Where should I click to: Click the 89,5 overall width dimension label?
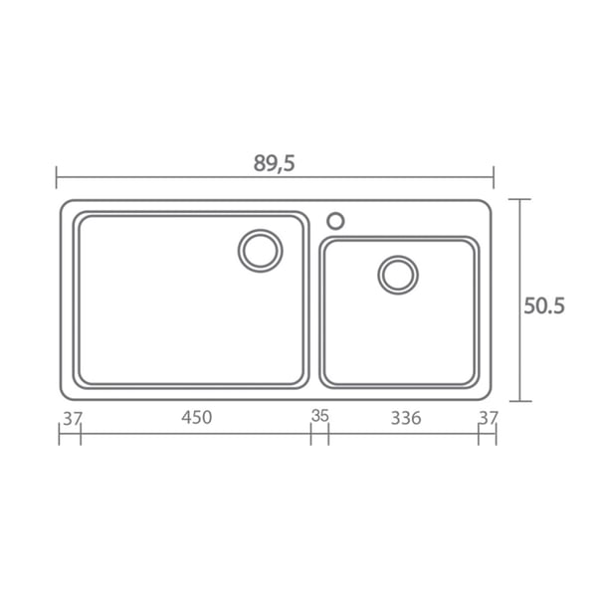coord(275,164)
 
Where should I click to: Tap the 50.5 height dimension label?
coord(544,305)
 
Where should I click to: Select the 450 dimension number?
coord(196,418)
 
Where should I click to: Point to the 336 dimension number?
coord(406,418)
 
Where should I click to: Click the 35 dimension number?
coord(319,416)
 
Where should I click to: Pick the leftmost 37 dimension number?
coord(73,419)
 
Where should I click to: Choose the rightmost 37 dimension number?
coord(489,418)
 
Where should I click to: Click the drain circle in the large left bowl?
coord(261,231)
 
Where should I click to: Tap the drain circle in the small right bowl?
coord(398,257)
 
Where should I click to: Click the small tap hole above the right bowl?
coord(335,213)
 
